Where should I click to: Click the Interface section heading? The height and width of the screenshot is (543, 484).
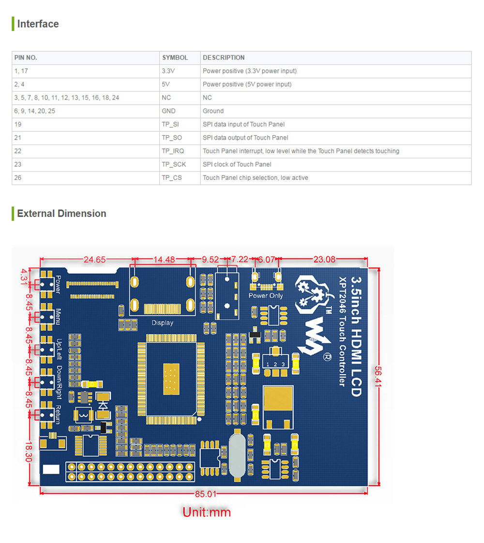coord(38,24)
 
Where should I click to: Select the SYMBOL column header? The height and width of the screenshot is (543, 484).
coord(175,58)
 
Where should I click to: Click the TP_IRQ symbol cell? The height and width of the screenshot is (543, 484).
coord(173,151)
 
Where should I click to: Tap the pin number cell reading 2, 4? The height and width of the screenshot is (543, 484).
coord(20,84)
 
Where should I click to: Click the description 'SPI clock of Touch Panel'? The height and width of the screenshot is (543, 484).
coord(237,164)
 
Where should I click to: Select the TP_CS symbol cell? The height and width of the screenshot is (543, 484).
coord(172,178)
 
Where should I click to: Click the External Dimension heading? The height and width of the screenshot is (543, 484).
coord(61,213)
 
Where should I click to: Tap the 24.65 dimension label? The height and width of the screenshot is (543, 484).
coord(94,259)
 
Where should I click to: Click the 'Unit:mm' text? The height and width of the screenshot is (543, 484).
coord(207,512)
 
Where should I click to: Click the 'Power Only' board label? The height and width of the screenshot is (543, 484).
coord(265,296)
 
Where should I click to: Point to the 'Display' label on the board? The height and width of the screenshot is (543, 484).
coord(162,323)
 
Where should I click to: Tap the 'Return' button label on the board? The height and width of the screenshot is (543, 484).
coord(58,415)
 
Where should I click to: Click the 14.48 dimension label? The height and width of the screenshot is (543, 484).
coord(164,259)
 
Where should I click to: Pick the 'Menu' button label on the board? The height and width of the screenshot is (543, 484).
coord(58,317)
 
